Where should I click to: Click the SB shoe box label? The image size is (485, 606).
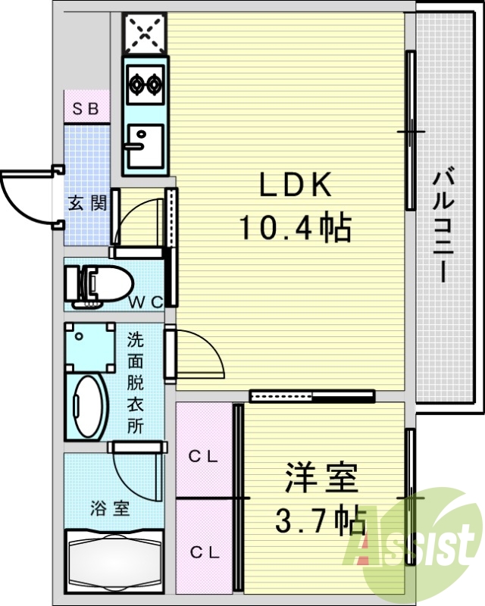tap(86, 108)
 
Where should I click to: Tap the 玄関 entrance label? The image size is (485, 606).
tap(88, 203)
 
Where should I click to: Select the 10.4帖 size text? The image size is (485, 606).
tap(295, 226)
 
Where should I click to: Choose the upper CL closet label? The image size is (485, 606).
tap(204, 456)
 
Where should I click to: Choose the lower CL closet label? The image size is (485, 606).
tap(204, 552)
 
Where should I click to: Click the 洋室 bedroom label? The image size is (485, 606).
tap(321, 480)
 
